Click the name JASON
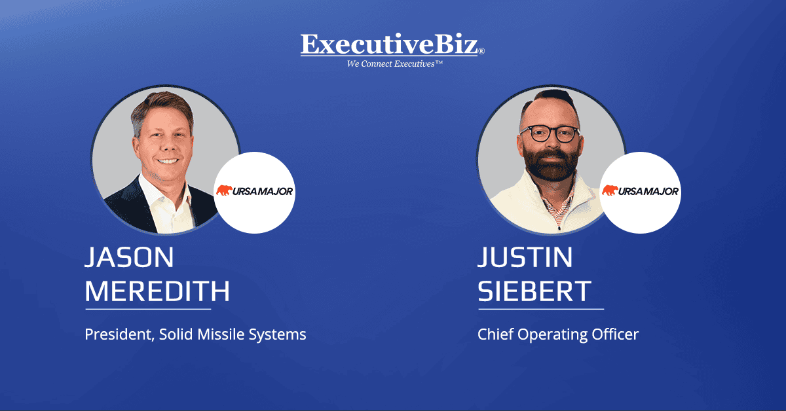pyautogui.click(x=130, y=257)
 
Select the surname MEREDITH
pyautogui.click(x=157, y=290)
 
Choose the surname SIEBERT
pyautogui.click(x=534, y=290)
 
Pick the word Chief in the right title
pyautogui.click(x=496, y=334)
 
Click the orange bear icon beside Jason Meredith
pyautogui.click(x=225, y=191)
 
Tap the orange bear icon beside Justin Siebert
pyautogui.click(x=610, y=191)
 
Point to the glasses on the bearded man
pyautogui.click(x=550, y=133)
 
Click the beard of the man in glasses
pyautogui.click(x=549, y=164)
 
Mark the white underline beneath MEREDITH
pyautogui.click(x=148, y=308)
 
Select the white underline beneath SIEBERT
pyautogui.click(x=541, y=308)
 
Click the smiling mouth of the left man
pyautogui.click(x=168, y=160)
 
